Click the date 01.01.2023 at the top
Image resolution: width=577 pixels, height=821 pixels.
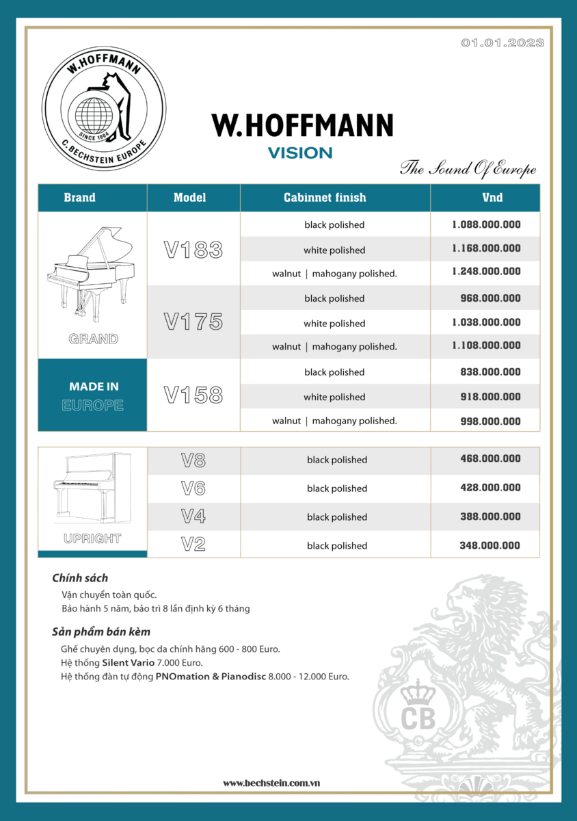[x=502, y=42]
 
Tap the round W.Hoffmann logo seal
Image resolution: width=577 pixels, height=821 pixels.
[x=104, y=108]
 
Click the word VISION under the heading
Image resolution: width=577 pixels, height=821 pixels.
[x=300, y=153]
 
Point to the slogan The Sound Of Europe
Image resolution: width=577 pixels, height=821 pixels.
[x=468, y=168]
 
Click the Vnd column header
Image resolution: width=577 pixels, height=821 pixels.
[x=492, y=198]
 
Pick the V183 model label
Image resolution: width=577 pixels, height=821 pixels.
[x=193, y=250]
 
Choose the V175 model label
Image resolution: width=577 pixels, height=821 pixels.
[x=193, y=322]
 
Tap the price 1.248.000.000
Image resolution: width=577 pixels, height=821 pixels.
[x=486, y=272]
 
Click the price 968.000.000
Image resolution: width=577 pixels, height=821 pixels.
[x=490, y=298]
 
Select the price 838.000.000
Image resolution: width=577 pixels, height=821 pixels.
[x=490, y=372]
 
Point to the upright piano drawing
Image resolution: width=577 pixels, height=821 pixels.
[x=92, y=488]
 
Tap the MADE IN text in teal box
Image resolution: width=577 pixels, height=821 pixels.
[x=94, y=387]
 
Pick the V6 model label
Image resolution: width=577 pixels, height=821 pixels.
[x=193, y=488]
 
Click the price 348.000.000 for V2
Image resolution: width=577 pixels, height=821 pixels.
[x=489, y=545]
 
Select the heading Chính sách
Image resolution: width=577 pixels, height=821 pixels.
[x=80, y=578]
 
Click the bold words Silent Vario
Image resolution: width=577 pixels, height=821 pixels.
[x=128, y=663]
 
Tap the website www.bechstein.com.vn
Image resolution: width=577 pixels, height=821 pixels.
[x=271, y=783]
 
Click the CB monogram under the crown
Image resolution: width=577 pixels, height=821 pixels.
[x=418, y=718]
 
